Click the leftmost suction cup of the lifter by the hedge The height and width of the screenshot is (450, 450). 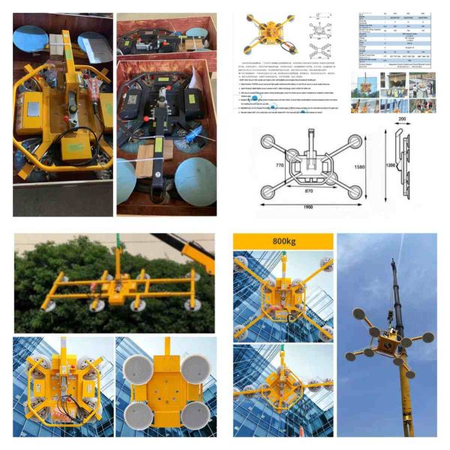click(x=50, y=307)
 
